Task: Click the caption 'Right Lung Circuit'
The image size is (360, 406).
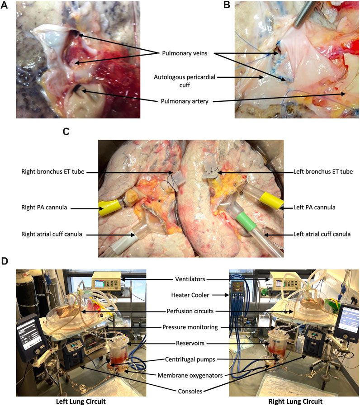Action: point(294,401)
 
